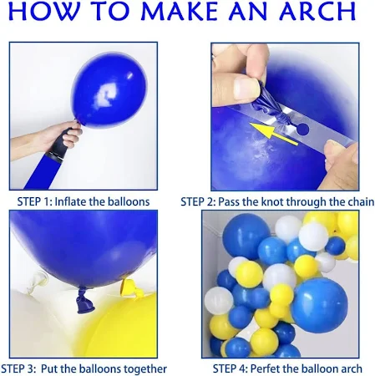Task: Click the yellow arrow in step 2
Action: pos(274,134)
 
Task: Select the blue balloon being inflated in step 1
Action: pos(109,90)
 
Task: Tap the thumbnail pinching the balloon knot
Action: pos(246,89)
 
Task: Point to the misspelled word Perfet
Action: pos(266,368)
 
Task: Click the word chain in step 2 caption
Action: pos(361,201)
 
